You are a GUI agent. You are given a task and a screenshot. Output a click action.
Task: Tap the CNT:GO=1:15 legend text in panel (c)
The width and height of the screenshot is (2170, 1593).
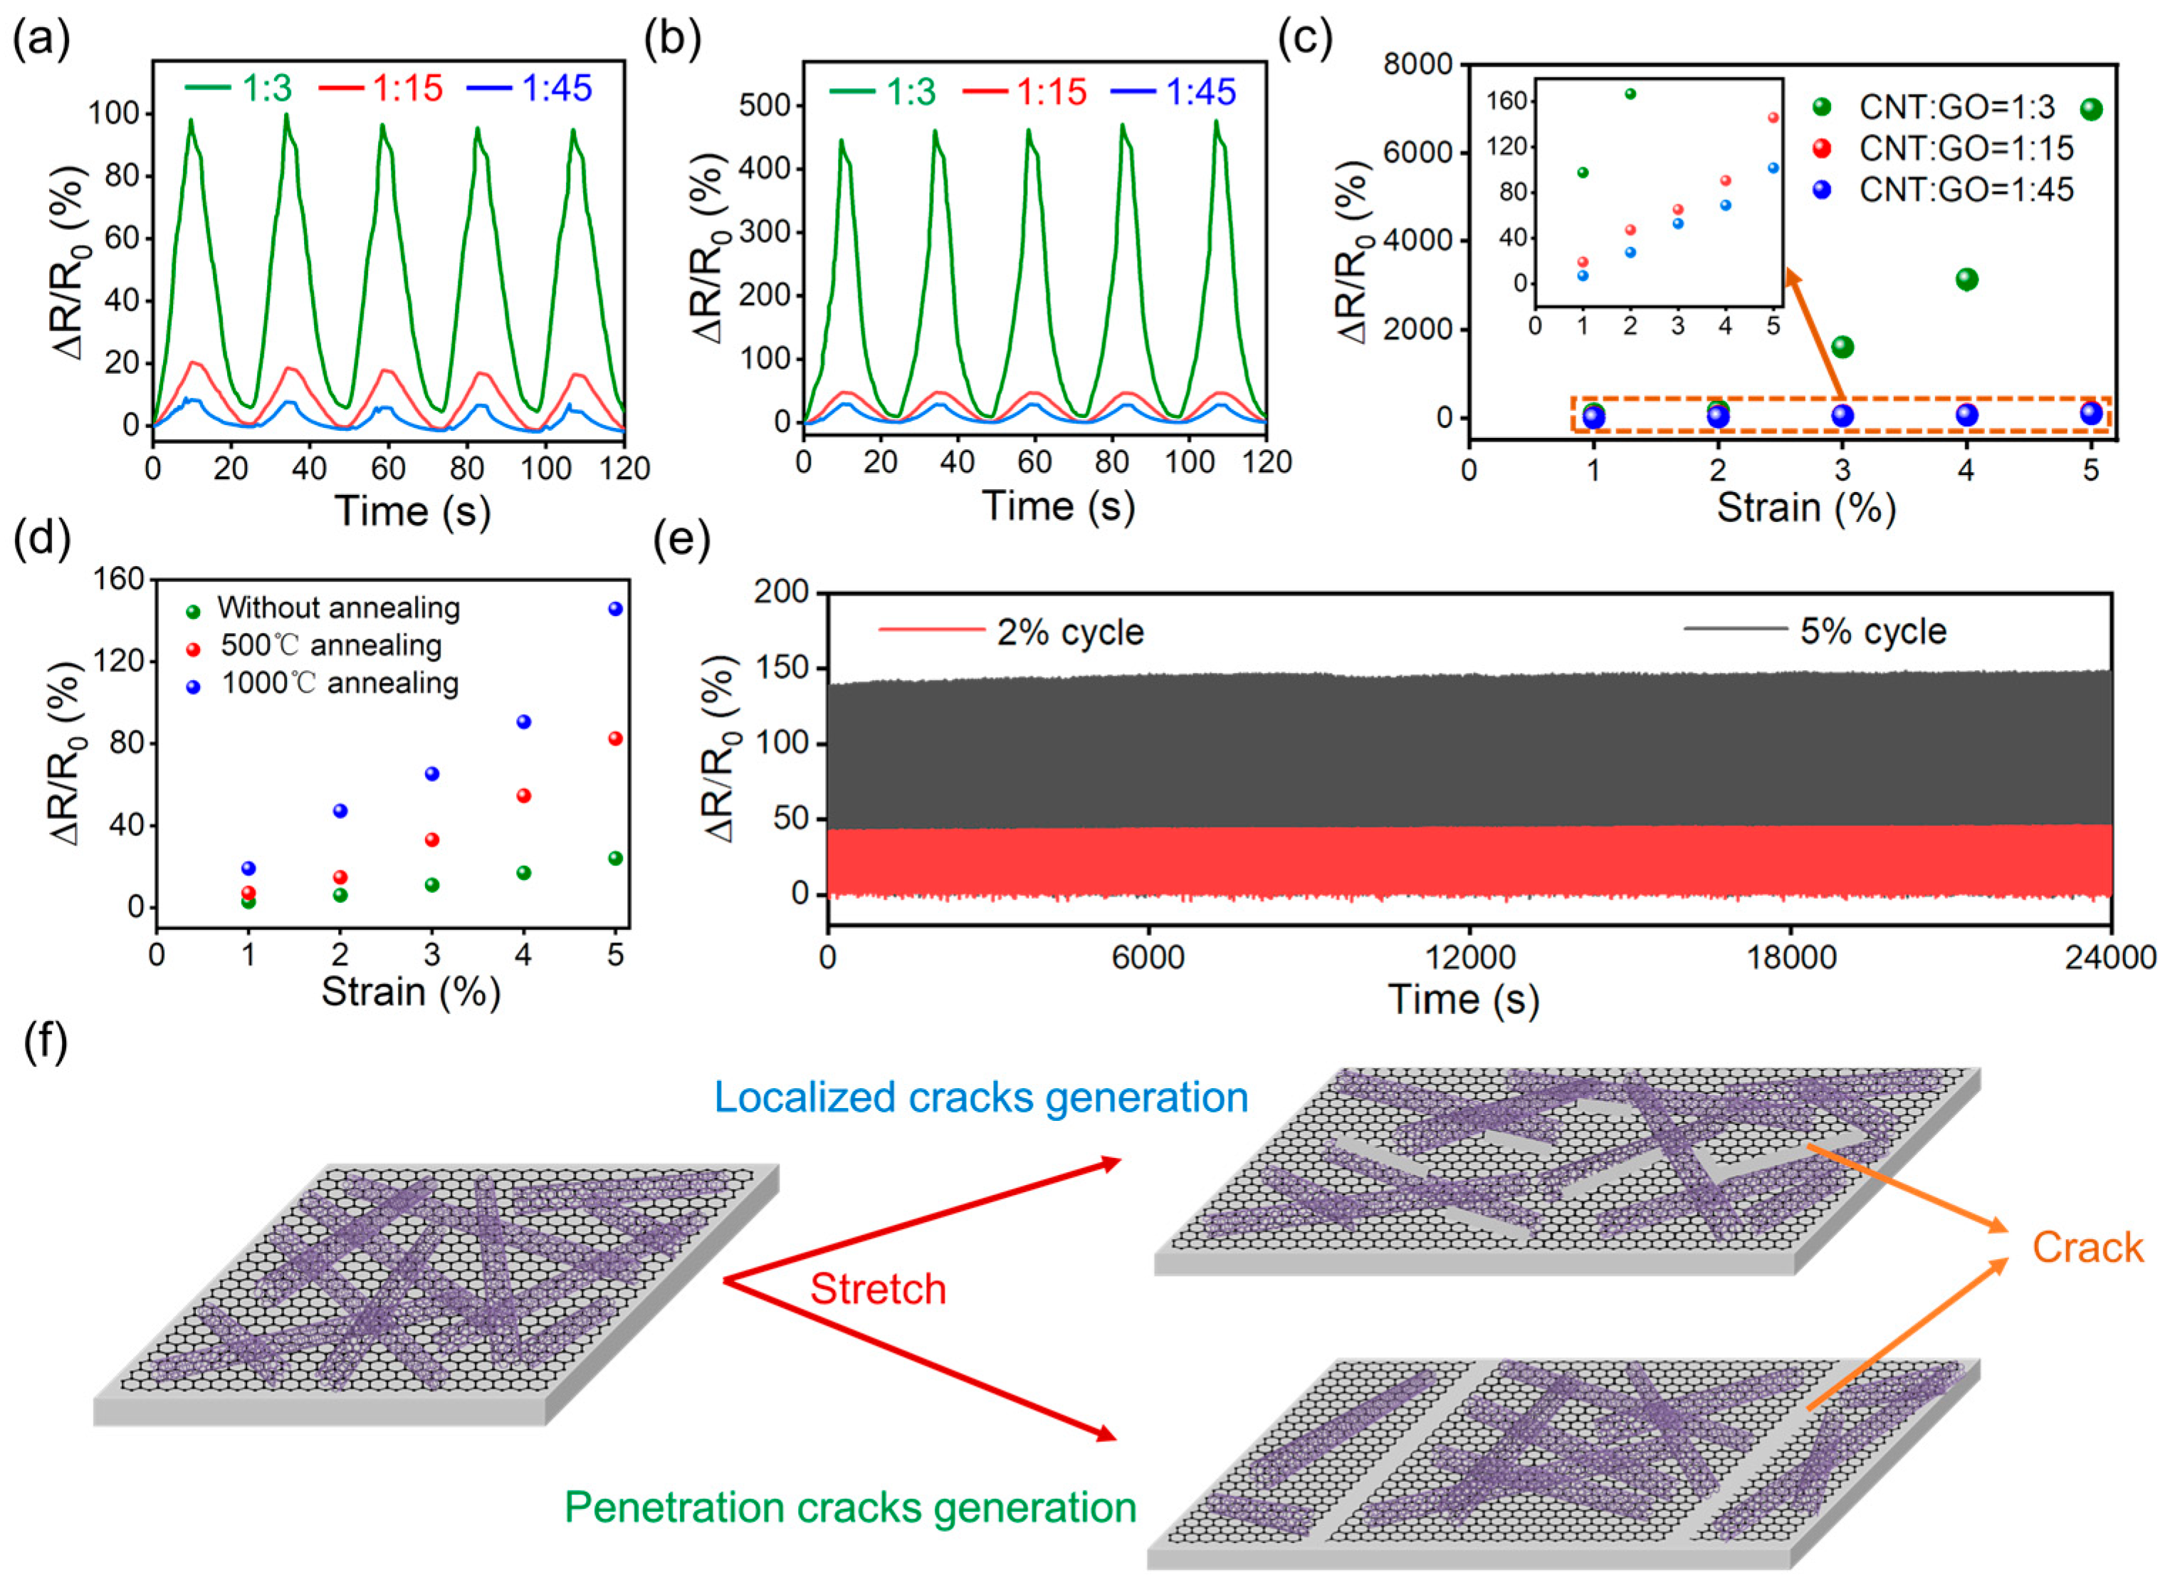click(1965, 149)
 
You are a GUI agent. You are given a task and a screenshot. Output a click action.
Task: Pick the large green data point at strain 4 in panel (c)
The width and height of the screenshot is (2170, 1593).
click(1966, 280)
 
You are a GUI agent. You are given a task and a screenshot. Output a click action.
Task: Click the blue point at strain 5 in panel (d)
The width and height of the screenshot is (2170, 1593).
click(615, 608)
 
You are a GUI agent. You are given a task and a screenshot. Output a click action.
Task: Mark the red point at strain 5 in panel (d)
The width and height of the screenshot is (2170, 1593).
click(615, 738)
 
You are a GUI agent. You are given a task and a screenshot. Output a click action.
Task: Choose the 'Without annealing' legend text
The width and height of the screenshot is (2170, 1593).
click(338, 608)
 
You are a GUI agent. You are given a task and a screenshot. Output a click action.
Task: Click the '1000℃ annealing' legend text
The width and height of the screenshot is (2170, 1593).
click(340, 684)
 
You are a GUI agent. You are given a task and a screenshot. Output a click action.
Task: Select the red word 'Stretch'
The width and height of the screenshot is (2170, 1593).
click(877, 1289)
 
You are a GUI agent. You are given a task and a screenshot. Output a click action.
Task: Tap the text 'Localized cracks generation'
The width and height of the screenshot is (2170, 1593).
click(980, 1097)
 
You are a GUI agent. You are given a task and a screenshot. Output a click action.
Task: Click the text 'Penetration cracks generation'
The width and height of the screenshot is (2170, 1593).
click(850, 1507)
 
